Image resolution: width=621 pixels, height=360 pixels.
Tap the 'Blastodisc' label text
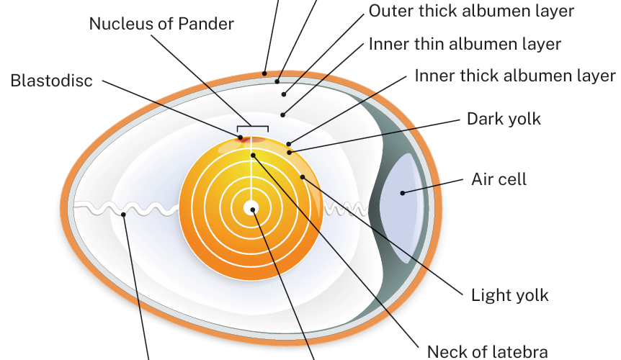(52, 80)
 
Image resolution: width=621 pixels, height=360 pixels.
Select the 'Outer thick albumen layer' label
(471, 11)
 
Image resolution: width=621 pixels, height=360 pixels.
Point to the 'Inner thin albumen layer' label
(465, 44)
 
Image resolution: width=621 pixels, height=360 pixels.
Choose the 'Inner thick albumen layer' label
(514, 76)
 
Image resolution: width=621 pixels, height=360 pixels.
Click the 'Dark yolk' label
(504, 118)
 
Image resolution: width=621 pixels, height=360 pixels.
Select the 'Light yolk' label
(509, 294)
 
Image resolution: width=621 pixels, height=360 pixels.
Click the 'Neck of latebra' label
(487, 351)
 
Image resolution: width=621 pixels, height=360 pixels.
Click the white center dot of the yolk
(250, 208)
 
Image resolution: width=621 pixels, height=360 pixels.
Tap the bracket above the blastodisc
(253, 127)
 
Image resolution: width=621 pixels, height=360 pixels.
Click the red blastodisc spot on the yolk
(240, 137)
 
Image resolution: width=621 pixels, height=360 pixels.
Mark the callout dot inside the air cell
(403, 192)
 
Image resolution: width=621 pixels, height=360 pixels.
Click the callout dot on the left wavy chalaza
(124, 214)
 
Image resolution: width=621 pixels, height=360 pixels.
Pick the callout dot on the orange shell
(265, 73)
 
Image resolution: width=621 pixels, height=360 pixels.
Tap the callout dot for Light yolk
(303, 176)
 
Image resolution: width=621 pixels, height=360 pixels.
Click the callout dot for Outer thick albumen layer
(285, 94)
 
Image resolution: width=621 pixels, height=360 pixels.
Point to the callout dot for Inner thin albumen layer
(283, 114)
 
